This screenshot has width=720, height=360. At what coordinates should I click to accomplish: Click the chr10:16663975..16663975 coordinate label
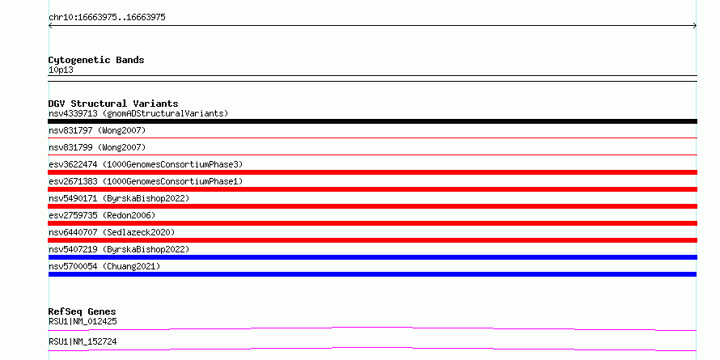click(x=107, y=18)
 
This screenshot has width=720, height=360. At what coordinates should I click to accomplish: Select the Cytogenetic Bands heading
click(x=96, y=60)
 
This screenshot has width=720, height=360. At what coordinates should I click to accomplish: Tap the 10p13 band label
click(x=61, y=70)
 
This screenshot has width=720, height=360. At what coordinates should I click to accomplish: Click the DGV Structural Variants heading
click(x=113, y=104)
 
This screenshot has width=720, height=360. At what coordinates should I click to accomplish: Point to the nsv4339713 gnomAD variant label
click(x=138, y=113)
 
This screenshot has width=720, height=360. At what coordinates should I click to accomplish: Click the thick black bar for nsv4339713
click(x=372, y=121)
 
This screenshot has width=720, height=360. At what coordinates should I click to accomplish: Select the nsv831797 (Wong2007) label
click(x=97, y=130)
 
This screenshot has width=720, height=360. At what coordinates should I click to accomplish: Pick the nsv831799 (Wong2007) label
click(x=97, y=147)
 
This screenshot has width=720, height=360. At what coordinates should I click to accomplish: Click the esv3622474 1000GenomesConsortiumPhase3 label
click(x=146, y=164)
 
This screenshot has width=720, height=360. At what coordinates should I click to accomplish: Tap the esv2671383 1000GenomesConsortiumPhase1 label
click(x=146, y=181)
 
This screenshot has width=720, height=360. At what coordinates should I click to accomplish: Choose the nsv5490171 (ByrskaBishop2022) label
click(x=119, y=198)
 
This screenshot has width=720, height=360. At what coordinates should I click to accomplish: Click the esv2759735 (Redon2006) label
click(x=102, y=215)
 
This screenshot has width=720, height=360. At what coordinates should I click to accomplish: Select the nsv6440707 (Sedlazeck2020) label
click(x=112, y=232)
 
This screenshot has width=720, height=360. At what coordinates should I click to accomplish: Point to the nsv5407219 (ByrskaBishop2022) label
click(x=119, y=249)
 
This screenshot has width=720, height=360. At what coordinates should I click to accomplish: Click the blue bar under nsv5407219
click(x=372, y=257)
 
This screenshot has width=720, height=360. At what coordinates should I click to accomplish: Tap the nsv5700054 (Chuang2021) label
click(x=104, y=266)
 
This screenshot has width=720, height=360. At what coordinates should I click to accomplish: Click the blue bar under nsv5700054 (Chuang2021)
click(x=372, y=274)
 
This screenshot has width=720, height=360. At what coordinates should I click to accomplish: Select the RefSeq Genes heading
click(x=83, y=311)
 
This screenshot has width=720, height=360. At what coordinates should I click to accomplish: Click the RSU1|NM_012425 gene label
click(x=83, y=321)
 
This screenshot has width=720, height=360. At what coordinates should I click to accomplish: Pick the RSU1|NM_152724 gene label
click(x=83, y=341)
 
